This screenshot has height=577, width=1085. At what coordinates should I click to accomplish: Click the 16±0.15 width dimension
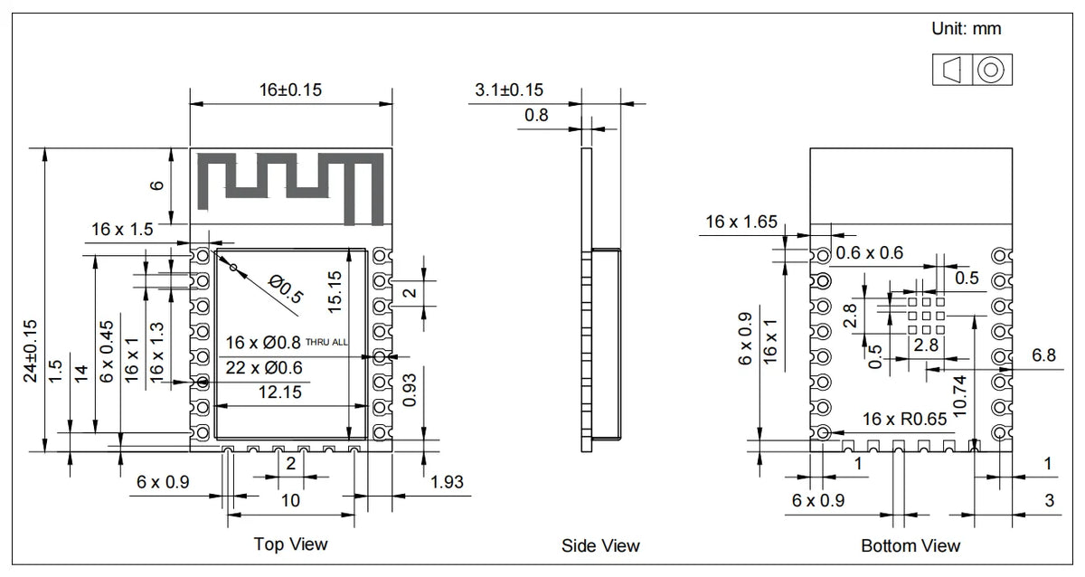(x=290, y=90)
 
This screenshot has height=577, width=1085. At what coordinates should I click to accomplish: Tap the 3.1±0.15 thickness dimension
(x=509, y=90)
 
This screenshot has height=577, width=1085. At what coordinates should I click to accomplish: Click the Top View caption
(x=290, y=544)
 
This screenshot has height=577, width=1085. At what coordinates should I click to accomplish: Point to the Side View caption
(x=600, y=545)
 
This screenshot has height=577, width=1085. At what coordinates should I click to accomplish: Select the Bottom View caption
(x=910, y=545)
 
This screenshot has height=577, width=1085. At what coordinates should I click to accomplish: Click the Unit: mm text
(x=967, y=29)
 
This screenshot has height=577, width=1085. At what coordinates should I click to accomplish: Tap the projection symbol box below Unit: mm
(x=972, y=70)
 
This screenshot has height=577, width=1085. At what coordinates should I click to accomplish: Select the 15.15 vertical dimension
(x=335, y=292)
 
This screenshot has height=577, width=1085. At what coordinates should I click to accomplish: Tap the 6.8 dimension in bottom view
(x=1043, y=356)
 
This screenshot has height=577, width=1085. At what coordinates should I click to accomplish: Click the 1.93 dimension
(x=449, y=482)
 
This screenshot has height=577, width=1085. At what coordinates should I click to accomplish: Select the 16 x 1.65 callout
(x=741, y=222)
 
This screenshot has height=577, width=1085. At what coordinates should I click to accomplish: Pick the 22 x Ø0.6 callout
(x=264, y=367)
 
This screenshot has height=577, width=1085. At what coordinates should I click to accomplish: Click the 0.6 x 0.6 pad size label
(x=869, y=253)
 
